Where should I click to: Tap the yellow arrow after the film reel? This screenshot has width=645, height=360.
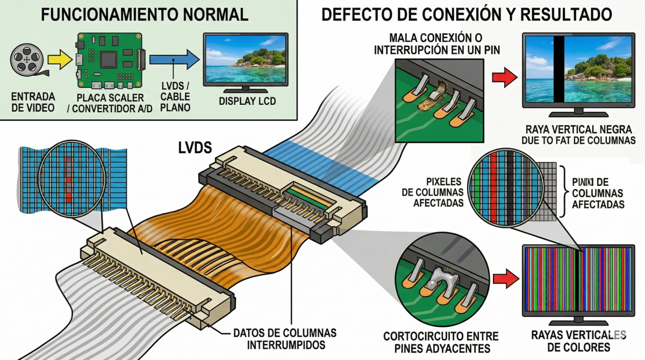(x=58, y=59)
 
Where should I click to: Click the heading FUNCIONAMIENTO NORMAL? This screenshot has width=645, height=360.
(x=145, y=15)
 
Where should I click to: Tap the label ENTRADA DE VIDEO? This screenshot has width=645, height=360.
(x=33, y=103)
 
